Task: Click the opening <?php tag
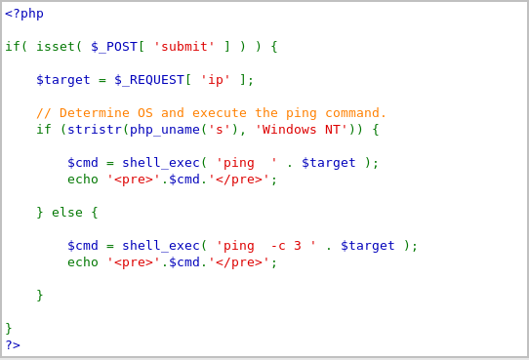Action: click(24, 14)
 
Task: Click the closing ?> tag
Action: click(13, 344)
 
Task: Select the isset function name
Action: click(56, 47)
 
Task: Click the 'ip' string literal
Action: click(216, 80)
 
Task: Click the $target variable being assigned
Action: click(63, 80)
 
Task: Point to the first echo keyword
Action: click(83, 180)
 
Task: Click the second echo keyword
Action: click(83, 262)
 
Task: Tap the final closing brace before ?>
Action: click(9, 329)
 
